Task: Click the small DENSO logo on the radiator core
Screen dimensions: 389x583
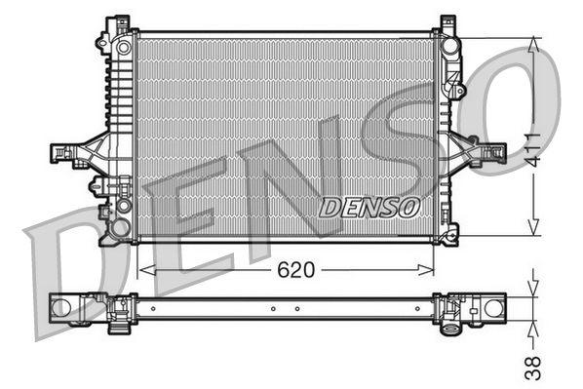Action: click(370, 208)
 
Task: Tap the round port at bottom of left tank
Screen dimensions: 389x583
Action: click(120, 228)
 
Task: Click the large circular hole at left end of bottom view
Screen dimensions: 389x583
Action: click(62, 308)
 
